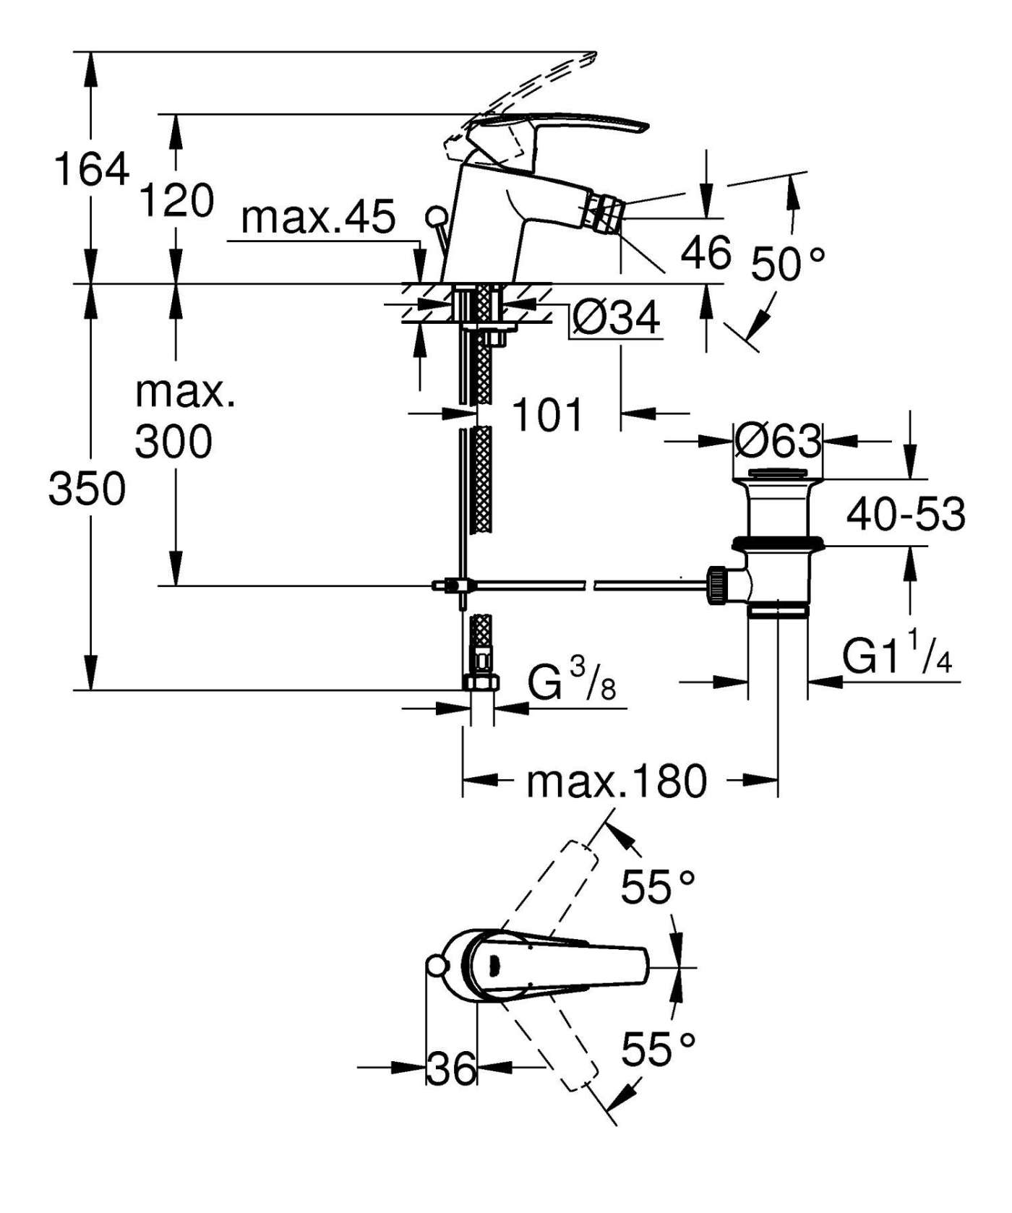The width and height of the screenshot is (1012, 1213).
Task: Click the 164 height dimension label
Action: pyautogui.click(x=92, y=169)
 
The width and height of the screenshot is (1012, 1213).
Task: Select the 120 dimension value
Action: pyautogui.click(x=176, y=200)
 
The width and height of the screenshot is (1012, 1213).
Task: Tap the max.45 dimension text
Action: pyautogui.click(x=318, y=216)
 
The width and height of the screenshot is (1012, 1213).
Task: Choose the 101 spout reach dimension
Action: pyautogui.click(x=547, y=415)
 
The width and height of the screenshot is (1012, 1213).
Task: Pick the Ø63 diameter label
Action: pyautogui.click(x=778, y=440)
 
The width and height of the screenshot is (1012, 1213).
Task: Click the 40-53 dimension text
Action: pyautogui.click(x=906, y=514)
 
